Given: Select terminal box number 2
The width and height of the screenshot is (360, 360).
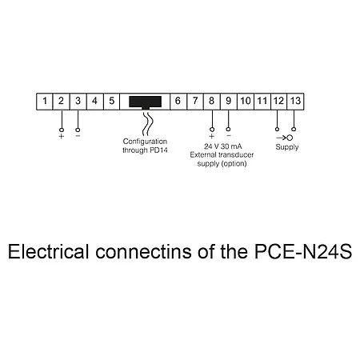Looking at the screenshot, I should (61, 102).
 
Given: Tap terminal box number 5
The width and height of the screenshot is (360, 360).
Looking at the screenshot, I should (111, 102).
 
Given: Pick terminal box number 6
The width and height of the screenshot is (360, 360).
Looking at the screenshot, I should (177, 102).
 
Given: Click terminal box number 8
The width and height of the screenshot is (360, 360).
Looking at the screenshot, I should (211, 102).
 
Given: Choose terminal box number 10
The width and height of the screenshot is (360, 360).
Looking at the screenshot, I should (245, 102).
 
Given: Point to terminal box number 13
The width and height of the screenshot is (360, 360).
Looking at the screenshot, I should (295, 102).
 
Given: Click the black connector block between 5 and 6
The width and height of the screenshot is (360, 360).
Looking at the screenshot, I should (144, 102).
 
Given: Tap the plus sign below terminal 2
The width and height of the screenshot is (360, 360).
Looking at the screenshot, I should (61, 136).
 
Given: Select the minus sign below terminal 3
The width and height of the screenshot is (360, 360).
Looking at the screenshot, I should (78, 136).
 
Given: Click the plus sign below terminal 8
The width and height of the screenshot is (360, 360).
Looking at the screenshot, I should (211, 136).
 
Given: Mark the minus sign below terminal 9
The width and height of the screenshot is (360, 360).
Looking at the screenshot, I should (229, 136).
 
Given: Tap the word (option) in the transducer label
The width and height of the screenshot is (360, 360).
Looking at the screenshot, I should (235, 164).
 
